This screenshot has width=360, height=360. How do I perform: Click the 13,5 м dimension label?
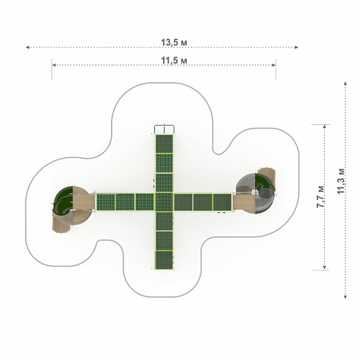coord(174,43)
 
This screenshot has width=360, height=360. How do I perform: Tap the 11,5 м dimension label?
coord(174,60)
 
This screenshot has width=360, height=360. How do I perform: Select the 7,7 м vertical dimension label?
coord(320,197)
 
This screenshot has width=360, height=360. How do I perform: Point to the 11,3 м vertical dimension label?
coord(341,181)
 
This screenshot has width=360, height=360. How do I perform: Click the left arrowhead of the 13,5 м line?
coord(27,47)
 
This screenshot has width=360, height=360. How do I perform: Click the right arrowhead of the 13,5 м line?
coord(296,47)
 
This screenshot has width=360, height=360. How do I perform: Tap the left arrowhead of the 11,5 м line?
coord(54,65)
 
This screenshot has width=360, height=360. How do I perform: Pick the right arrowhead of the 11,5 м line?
coord(274,65)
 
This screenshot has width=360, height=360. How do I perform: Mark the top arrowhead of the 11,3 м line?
coord(345,83)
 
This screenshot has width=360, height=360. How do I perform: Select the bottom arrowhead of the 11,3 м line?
coord(345,297)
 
